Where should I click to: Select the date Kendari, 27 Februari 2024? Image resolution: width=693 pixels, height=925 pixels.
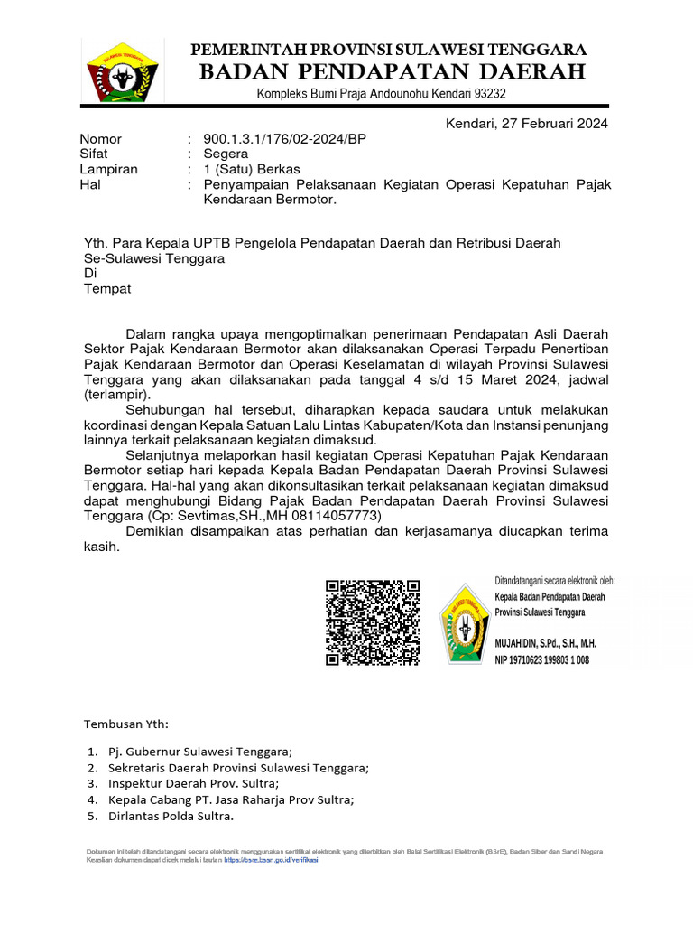[x=527, y=124]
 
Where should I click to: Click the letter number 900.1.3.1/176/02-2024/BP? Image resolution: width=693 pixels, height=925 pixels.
[x=285, y=139]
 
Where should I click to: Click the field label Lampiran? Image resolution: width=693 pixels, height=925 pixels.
[x=108, y=170]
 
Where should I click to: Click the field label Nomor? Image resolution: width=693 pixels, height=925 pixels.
[x=100, y=139]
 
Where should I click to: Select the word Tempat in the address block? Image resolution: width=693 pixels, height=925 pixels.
[x=107, y=289]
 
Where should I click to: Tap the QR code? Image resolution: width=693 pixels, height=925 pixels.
[x=373, y=623]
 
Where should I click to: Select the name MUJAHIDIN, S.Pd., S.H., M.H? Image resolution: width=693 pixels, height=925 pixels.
[x=545, y=644]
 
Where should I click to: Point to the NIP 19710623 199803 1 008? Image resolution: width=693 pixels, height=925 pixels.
[x=541, y=660]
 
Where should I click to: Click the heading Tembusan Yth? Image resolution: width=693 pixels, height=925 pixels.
[x=125, y=724]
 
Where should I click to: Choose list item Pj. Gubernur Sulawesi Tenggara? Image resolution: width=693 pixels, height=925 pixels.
[x=200, y=752]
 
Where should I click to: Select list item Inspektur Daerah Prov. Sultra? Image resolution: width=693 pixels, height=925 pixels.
[x=193, y=783]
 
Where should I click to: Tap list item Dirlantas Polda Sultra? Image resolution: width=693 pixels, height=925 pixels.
[x=171, y=816]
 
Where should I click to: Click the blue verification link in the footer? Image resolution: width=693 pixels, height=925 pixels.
[x=272, y=860]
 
